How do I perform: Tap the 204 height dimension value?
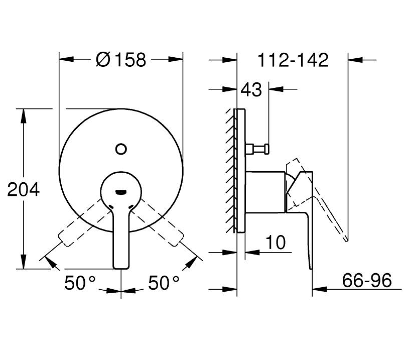click(23, 190)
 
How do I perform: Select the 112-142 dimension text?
click(293, 60)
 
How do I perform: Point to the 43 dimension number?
click(251, 90)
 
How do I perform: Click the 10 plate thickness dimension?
click(275, 243)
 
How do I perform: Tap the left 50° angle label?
click(80, 284)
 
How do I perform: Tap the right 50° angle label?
click(164, 284)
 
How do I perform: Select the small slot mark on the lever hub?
click(120, 191)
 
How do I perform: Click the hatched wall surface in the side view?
click(232, 171)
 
